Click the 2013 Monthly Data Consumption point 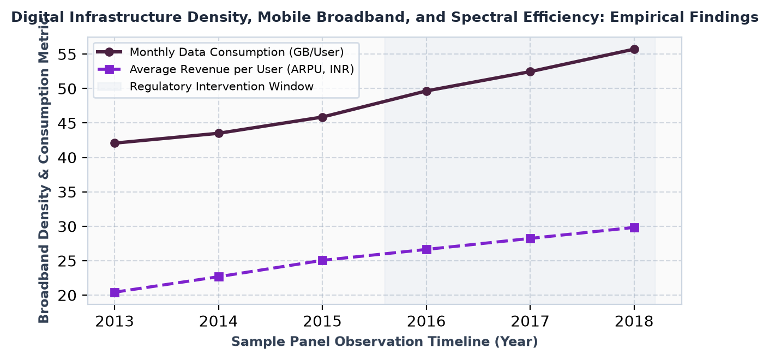(x=115, y=143)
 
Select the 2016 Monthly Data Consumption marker (x=426, y=91)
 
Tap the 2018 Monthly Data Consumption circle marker (x=634, y=50)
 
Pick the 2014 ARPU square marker (x=219, y=277)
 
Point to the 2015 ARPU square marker (x=322, y=261)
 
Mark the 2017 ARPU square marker (x=530, y=238)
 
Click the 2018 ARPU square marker (x=634, y=227)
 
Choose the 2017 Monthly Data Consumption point (x=530, y=71)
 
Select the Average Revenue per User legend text (x=242, y=69)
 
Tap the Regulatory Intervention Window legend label (x=221, y=87)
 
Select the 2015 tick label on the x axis (x=322, y=322)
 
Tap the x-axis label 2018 (x=634, y=322)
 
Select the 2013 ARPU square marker (x=115, y=292)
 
